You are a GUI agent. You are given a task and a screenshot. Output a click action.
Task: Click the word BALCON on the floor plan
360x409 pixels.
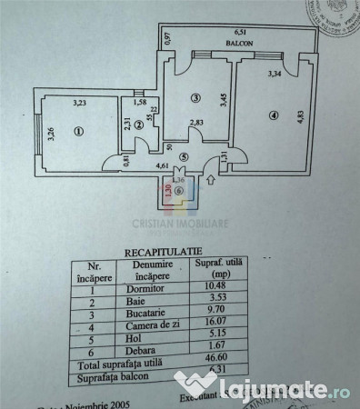pyautogui.click(x=240, y=43)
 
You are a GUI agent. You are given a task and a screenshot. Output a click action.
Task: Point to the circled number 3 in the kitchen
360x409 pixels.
pyautogui.click(x=195, y=97)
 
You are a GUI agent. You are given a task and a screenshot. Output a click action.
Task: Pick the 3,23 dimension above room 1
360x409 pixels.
pyautogui.click(x=78, y=103)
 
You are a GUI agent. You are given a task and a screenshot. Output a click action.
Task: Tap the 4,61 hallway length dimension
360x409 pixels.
pyautogui.click(x=165, y=165)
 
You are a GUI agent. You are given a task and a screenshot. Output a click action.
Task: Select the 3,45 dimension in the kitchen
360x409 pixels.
pyautogui.click(x=221, y=94)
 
